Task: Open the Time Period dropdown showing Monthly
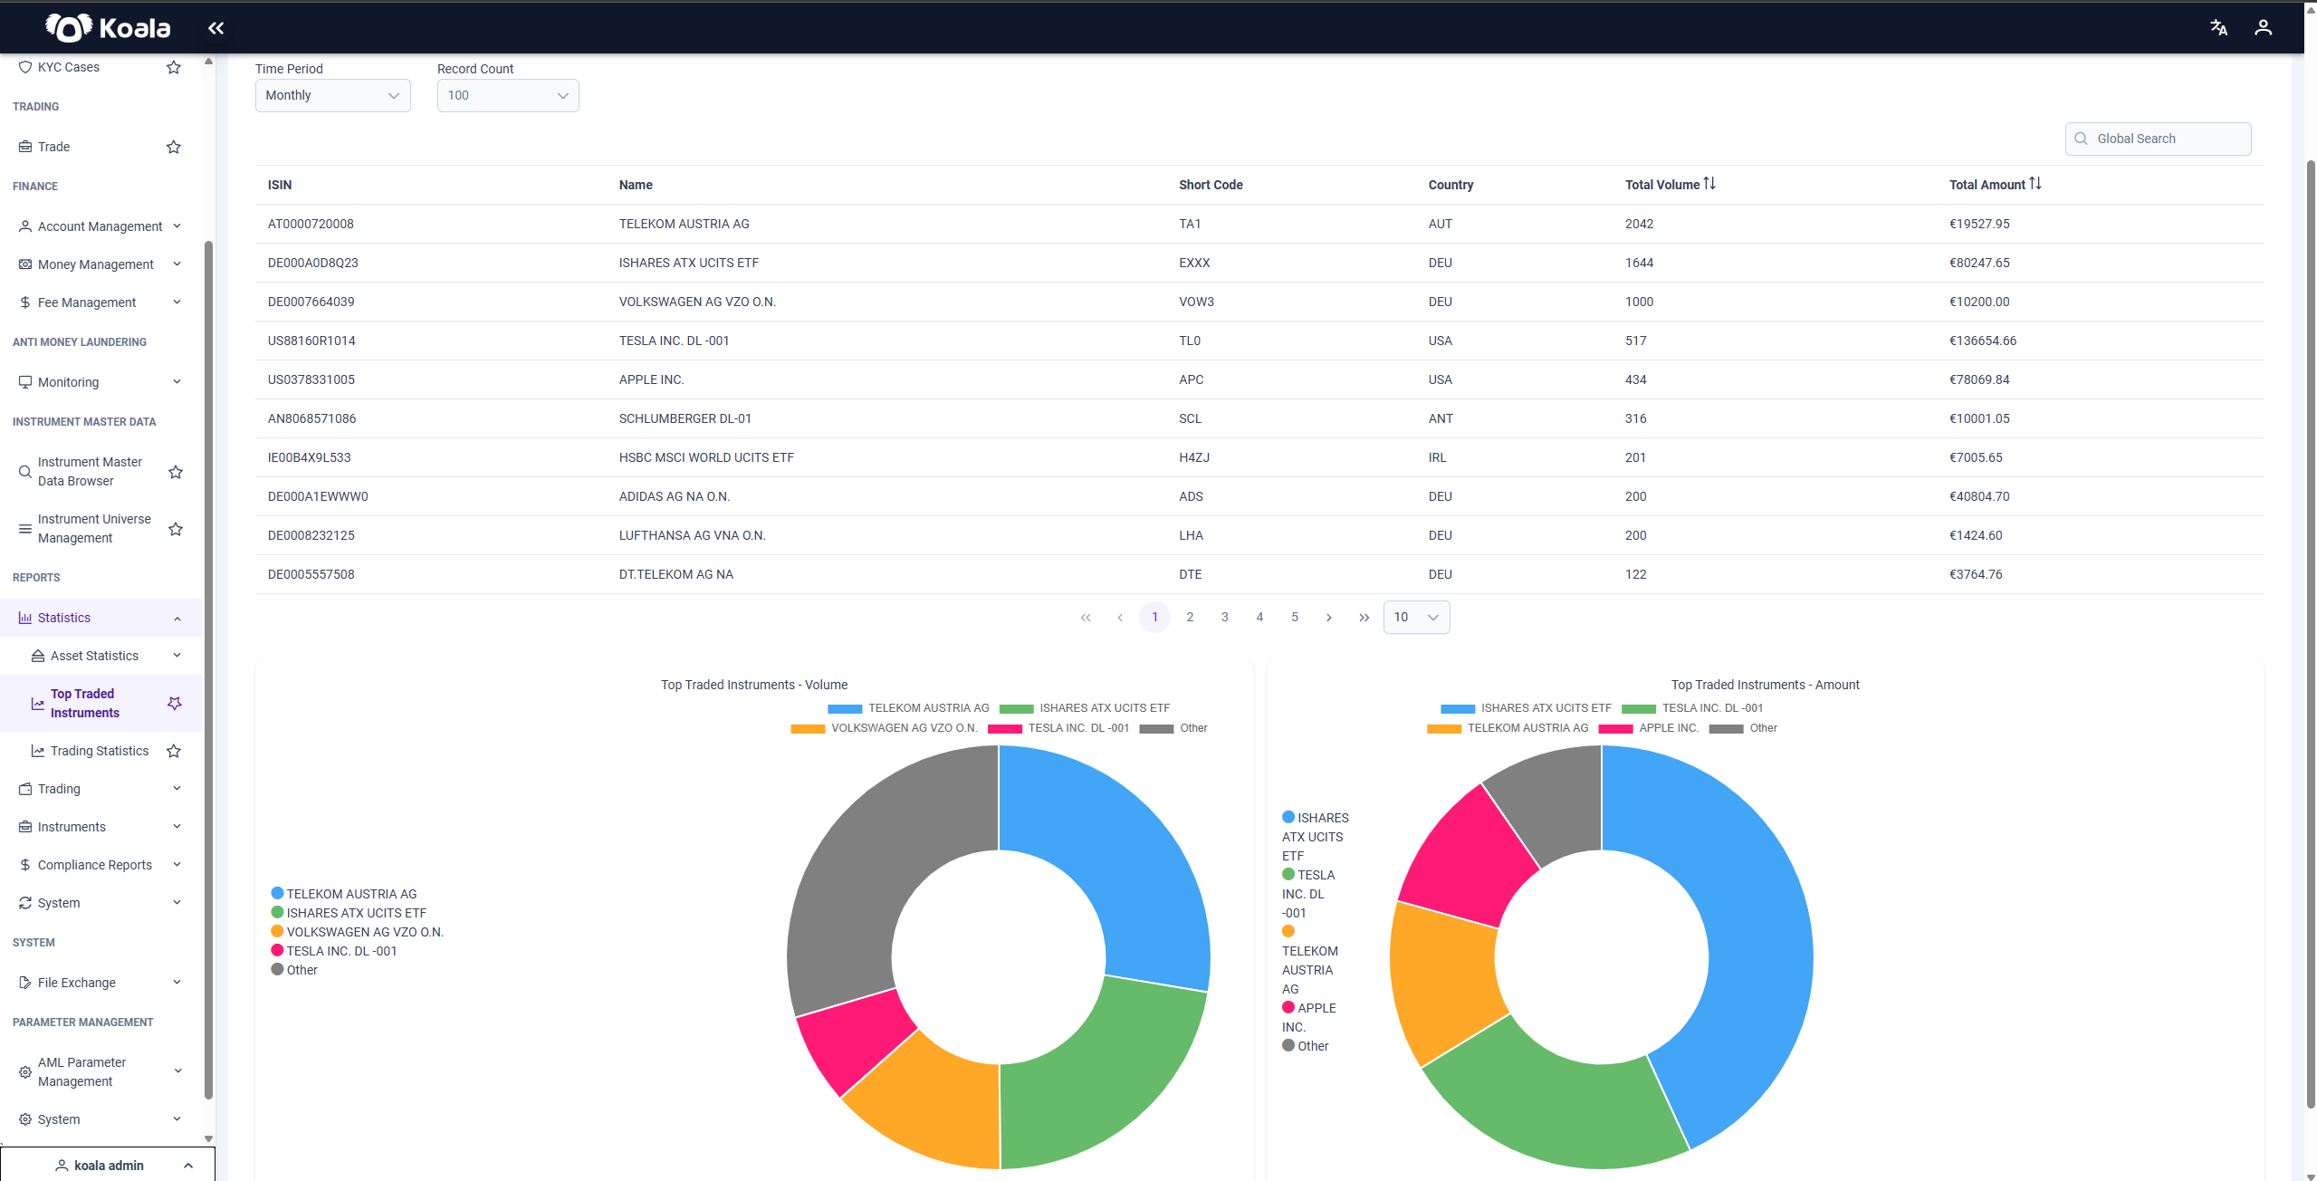coord(332,95)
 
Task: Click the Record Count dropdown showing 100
coord(507,95)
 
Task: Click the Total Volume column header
coord(1661,185)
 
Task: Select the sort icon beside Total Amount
coord(2035,184)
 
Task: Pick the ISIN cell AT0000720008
coord(311,224)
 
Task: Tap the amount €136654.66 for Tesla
coord(1983,341)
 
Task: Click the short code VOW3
coord(1196,302)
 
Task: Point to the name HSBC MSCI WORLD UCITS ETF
coord(706,457)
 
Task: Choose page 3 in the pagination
coord(1224,617)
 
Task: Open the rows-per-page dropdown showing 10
coord(1416,617)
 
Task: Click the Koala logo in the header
coord(108,27)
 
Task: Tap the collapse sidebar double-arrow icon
coord(215,28)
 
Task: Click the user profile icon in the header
coord(2263,27)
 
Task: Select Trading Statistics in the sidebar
coord(100,751)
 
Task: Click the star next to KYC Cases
coord(174,67)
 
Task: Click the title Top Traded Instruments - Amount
coord(1765,685)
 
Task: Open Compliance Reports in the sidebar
coord(95,865)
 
